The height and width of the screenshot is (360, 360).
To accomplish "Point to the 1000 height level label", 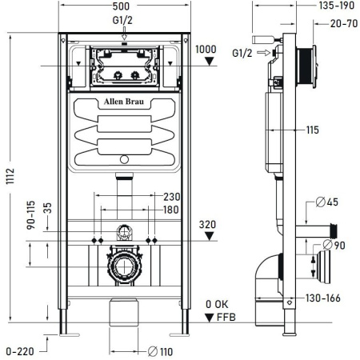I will point(206,49).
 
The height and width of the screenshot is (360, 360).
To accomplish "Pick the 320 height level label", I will point(206,226).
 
